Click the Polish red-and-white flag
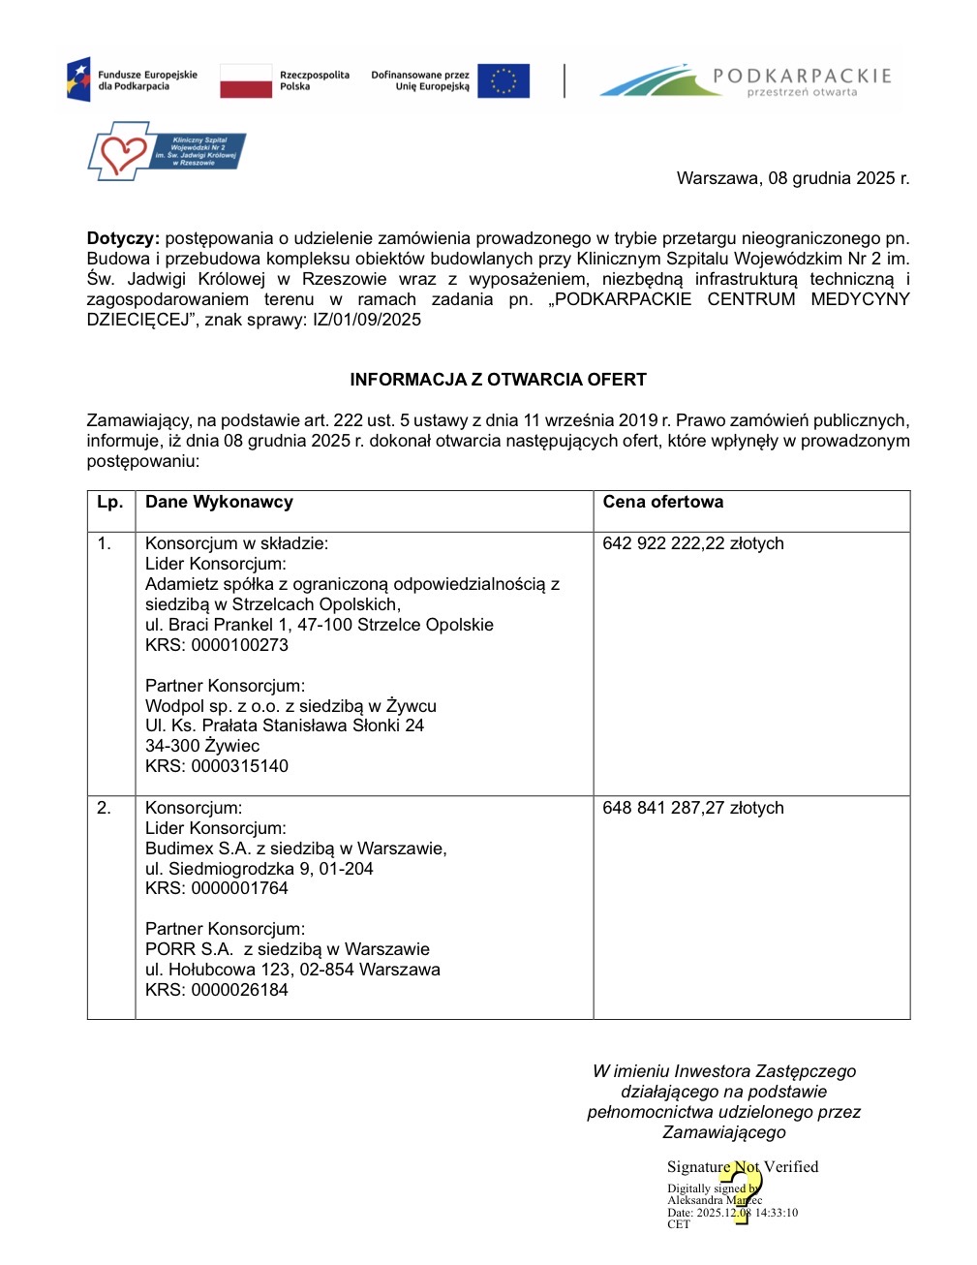pyautogui.click(x=246, y=80)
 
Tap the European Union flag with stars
pyautogui.click(x=504, y=80)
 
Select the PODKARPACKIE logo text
pyautogui.click(x=802, y=77)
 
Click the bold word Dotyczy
pyautogui.click(x=123, y=238)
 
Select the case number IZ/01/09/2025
pyautogui.click(x=367, y=320)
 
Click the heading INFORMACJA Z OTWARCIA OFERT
pyautogui.click(x=498, y=380)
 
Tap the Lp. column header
pyautogui.click(x=110, y=502)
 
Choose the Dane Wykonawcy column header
pyautogui.click(x=219, y=502)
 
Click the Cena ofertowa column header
pyautogui.click(x=662, y=502)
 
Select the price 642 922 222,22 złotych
pyautogui.click(x=692, y=543)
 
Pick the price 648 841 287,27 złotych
pyautogui.click(x=692, y=808)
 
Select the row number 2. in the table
pyautogui.click(x=105, y=808)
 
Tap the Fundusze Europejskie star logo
pyautogui.click(x=79, y=79)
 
